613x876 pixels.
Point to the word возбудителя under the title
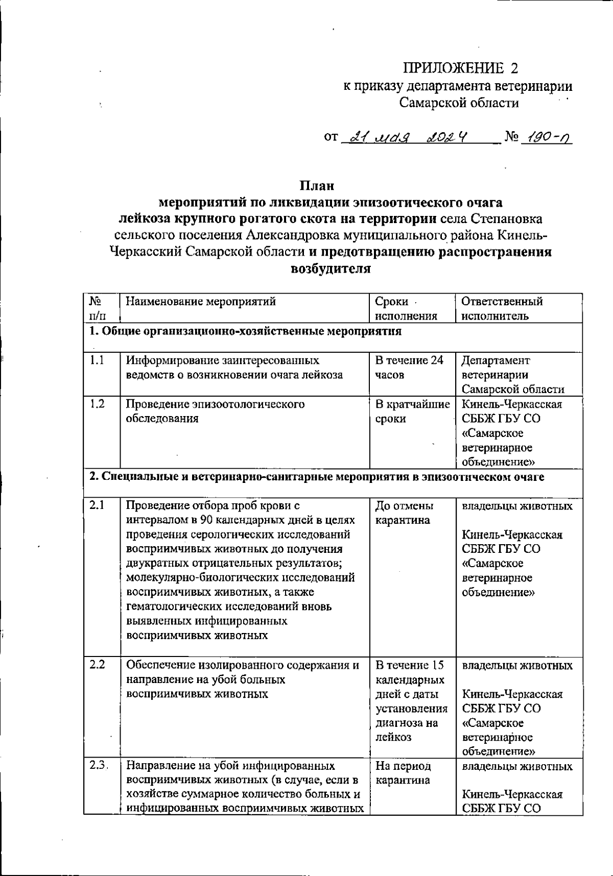331,269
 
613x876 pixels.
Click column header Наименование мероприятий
201,302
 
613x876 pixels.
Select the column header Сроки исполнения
406,308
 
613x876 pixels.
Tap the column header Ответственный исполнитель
502,308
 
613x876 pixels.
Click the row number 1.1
97,360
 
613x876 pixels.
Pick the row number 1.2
97,404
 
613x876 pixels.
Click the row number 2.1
97,505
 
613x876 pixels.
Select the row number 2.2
97,665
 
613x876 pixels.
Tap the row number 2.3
98,766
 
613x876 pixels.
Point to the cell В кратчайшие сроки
412,411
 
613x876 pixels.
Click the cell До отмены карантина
404,513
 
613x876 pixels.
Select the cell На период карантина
403,773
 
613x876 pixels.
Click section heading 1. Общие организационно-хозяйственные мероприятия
245,331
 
